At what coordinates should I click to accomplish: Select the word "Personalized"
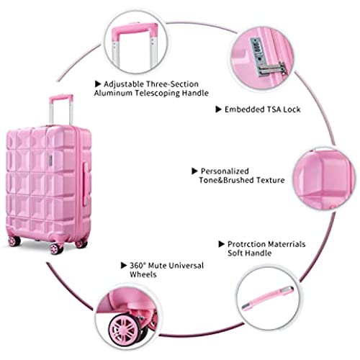[225, 171]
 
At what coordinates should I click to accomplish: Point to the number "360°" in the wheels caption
[138, 266]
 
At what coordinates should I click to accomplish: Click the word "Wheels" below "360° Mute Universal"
[143, 274]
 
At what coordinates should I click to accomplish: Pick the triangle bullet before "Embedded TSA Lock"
[218, 109]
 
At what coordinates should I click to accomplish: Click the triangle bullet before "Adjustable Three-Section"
[97, 84]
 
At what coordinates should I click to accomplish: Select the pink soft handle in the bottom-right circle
[267, 297]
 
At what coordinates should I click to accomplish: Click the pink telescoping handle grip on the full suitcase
[61, 98]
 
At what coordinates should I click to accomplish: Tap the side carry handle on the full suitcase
[86, 184]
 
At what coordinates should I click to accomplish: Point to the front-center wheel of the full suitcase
[56, 248]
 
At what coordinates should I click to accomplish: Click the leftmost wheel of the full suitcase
[14, 241]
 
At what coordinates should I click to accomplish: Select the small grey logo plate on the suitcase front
[50, 160]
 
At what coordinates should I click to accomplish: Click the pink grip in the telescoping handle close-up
[135, 30]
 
